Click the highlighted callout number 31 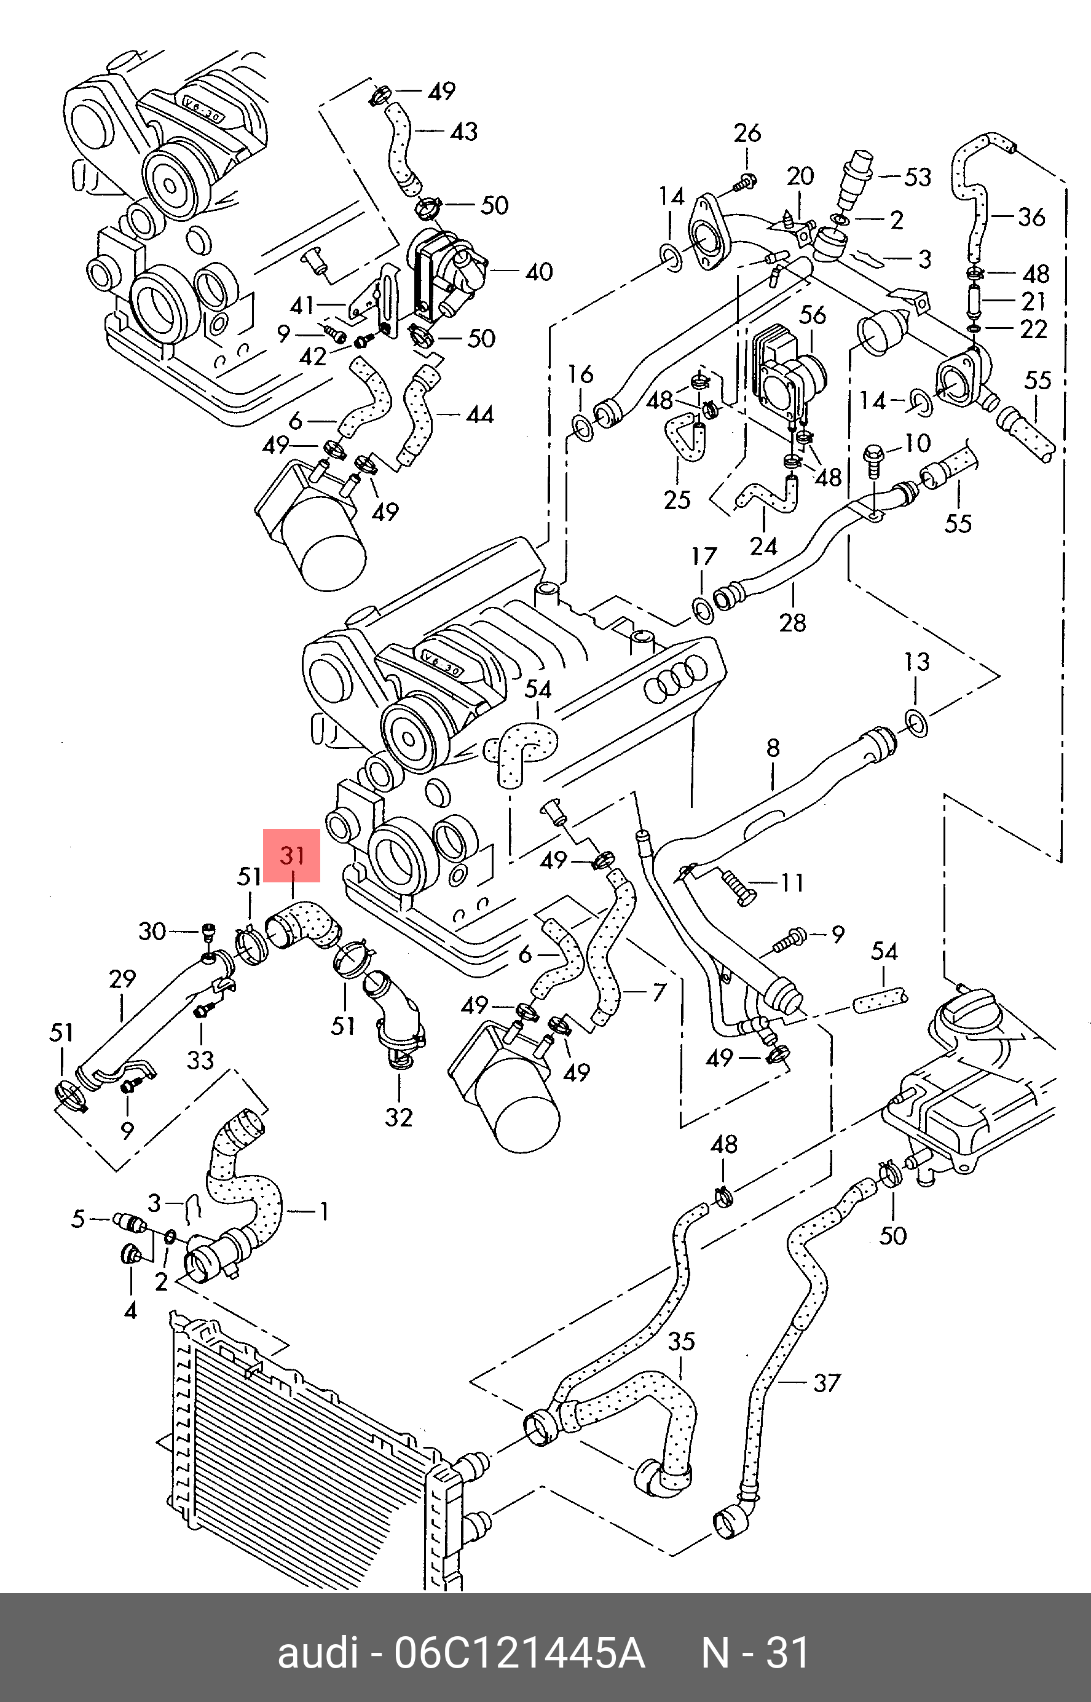click(292, 855)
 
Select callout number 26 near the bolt click(747, 132)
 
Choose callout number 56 click(813, 315)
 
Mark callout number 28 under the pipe click(792, 622)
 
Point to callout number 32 click(398, 1117)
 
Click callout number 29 click(122, 978)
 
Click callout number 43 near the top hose click(464, 131)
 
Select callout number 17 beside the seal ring click(704, 556)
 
